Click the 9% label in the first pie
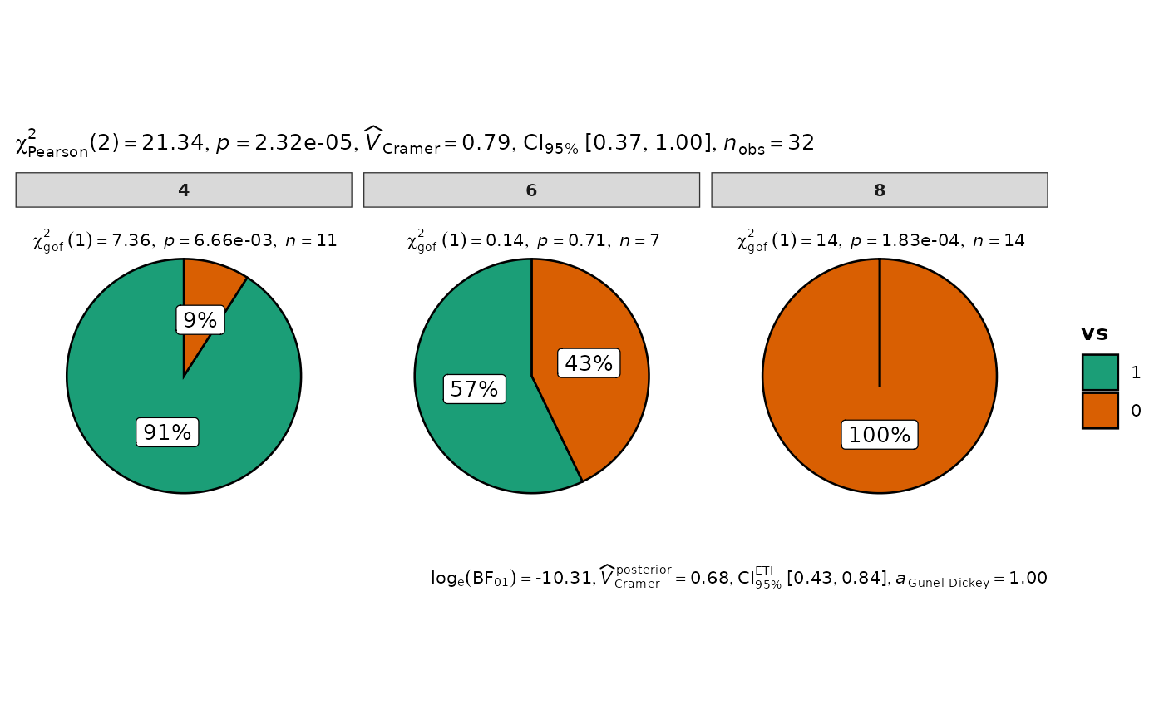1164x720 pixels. point(200,320)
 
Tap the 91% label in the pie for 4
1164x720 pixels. point(167,432)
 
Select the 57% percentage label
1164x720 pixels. point(474,389)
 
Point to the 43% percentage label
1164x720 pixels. point(589,363)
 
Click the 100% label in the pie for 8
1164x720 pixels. point(879,435)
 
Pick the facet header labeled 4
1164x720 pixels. point(184,190)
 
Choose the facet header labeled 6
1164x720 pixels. point(531,190)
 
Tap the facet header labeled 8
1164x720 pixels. point(880,190)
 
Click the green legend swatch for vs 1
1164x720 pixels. point(1100,372)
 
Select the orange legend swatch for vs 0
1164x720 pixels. point(1100,411)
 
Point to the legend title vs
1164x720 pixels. point(1095,334)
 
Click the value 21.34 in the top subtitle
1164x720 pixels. point(173,143)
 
